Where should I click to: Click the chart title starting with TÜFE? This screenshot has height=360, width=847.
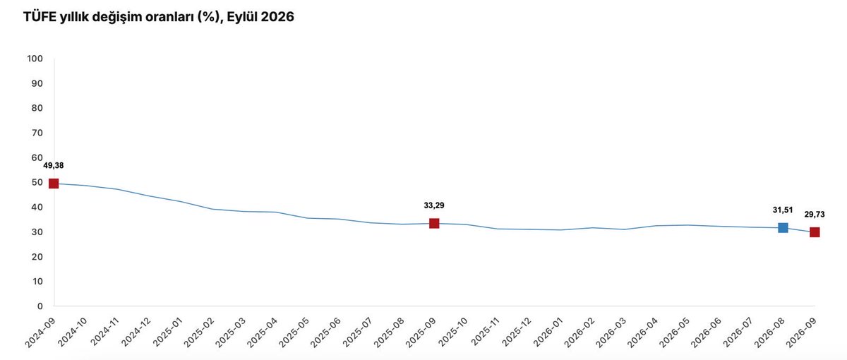pyautogui.click(x=158, y=17)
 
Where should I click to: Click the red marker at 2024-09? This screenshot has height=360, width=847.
pyautogui.click(x=54, y=184)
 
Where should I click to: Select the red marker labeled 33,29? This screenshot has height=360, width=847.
pyautogui.click(x=434, y=224)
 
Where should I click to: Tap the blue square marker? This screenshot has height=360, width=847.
pyautogui.click(x=783, y=227)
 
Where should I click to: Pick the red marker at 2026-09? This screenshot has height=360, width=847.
pyautogui.click(x=815, y=232)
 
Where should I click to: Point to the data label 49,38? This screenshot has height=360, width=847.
pyautogui.click(x=54, y=166)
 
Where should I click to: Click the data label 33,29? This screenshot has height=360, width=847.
pyautogui.click(x=434, y=205)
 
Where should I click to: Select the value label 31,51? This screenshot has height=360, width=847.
pyautogui.click(x=783, y=210)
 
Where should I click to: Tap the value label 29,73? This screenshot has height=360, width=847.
pyautogui.click(x=815, y=215)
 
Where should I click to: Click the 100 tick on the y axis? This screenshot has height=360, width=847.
pyautogui.click(x=35, y=59)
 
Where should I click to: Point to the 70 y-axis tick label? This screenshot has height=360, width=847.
pyautogui.click(x=37, y=133)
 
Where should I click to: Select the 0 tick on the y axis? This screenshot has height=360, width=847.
pyautogui.click(x=40, y=306)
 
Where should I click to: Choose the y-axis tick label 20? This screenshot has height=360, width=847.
pyautogui.click(x=37, y=257)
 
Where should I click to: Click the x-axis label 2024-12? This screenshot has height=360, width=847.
pyautogui.click(x=136, y=332)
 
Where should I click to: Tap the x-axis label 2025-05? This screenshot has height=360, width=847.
pyautogui.click(x=294, y=332)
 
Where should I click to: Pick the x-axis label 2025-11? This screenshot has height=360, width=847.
pyautogui.click(x=486, y=332)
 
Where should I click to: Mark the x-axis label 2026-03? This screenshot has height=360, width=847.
pyautogui.click(x=611, y=332)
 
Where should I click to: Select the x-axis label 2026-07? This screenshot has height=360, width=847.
pyautogui.click(x=738, y=332)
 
